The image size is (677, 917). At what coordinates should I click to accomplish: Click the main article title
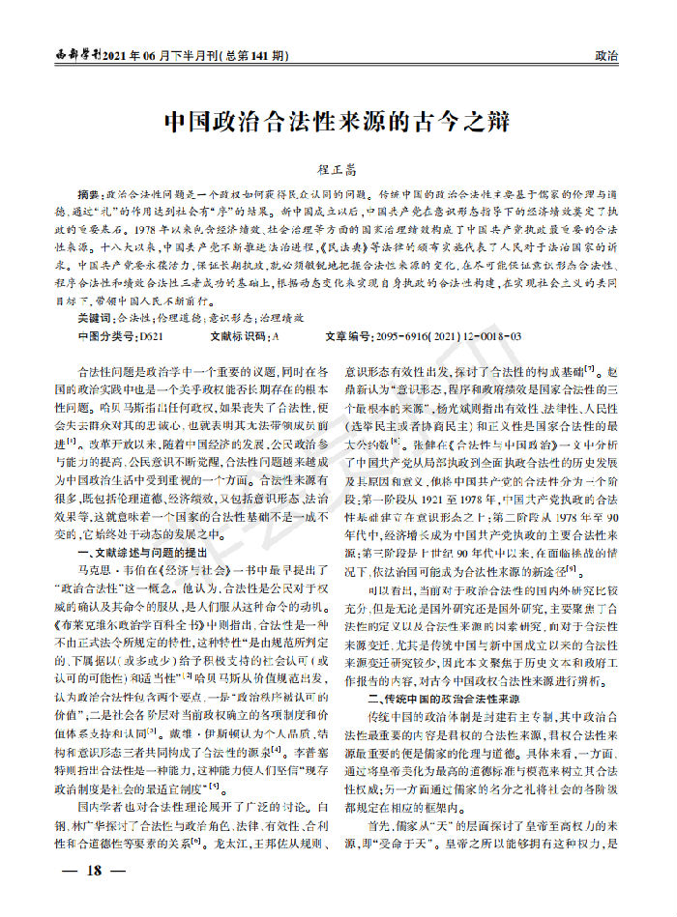(338, 123)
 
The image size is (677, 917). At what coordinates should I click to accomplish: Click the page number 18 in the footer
(94, 870)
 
